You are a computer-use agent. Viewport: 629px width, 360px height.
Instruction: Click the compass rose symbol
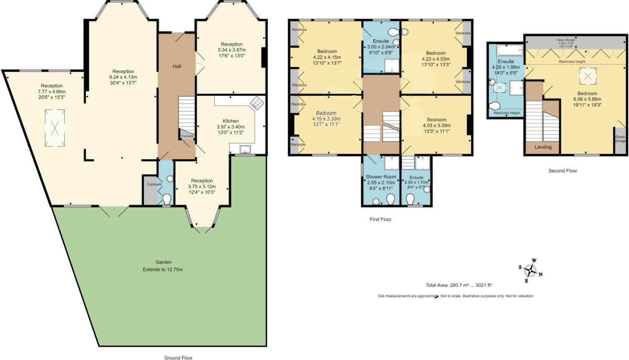pyautogui.click(x=530, y=271)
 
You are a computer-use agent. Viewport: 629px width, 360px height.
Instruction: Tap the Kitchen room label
pyautogui.click(x=231, y=121)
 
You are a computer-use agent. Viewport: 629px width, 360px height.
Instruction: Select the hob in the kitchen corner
pyautogui.click(x=256, y=103)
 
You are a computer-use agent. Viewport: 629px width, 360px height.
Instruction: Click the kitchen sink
pyautogui.click(x=245, y=150)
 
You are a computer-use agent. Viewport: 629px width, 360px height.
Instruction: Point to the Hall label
pyautogui.click(x=177, y=66)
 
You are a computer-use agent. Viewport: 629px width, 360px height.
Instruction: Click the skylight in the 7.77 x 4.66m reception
pyautogui.click(x=54, y=128)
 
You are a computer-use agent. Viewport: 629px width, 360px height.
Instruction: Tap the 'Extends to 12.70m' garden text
pyautogui.click(x=163, y=270)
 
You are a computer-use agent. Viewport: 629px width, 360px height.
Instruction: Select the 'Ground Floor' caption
pyautogui.click(x=178, y=357)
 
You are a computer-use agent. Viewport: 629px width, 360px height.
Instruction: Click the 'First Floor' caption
pyautogui.click(x=380, y=219)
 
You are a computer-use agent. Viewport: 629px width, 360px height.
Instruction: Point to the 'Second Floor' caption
pyautogui.click(x=563, y=171)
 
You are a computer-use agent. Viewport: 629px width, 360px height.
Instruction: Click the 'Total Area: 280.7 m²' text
pyautogui.click(x=459, y=285)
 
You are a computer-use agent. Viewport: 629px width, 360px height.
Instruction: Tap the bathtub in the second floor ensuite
pyautogui.click(x=509, y=51)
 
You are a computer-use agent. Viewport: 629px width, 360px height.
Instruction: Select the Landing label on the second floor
pyautogui.click(x=543, y=147)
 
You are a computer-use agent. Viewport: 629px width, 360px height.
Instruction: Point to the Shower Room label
pyautogui.click(x=381, y=177)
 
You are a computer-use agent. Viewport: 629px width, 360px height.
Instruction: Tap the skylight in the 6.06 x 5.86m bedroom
pyautogui.click(x=587, y=76)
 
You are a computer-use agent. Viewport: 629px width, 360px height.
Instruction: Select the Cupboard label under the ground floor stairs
pyautogui.click(x=187, y=136)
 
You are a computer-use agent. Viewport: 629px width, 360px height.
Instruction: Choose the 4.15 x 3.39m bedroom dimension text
pyautogui.click(x=326, y=119)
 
